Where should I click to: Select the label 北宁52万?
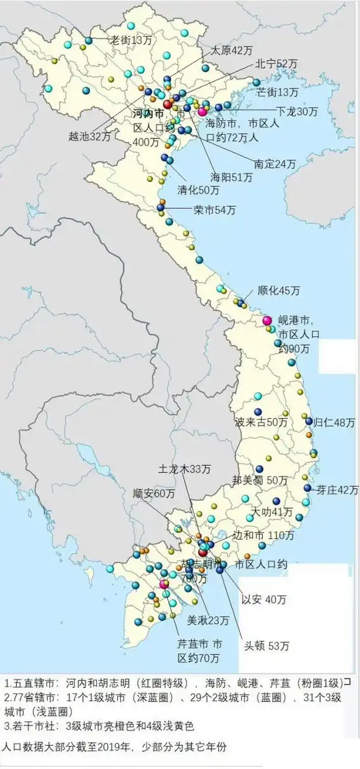276,64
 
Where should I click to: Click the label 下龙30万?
297,111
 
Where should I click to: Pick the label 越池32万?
90,135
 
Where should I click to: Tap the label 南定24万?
275,164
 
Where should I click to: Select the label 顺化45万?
279,291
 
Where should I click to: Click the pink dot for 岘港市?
267,321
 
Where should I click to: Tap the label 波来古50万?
261,422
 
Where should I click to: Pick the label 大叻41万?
272,512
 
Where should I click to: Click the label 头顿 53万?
267,646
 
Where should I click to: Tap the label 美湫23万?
208,619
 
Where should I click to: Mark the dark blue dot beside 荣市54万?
161,207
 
